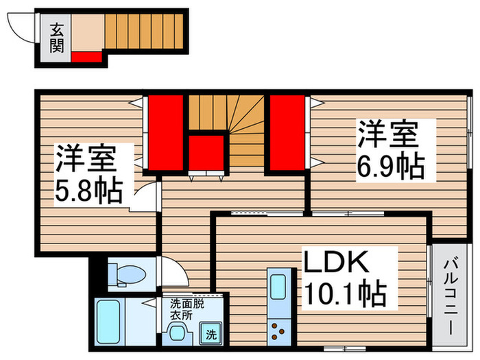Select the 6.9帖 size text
click(388, 165)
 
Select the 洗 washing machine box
click(211, 335)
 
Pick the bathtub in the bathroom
click(108, 322)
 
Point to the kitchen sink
click(278, 288)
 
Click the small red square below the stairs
click(206, 152)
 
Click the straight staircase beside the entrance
click(145, 30)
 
